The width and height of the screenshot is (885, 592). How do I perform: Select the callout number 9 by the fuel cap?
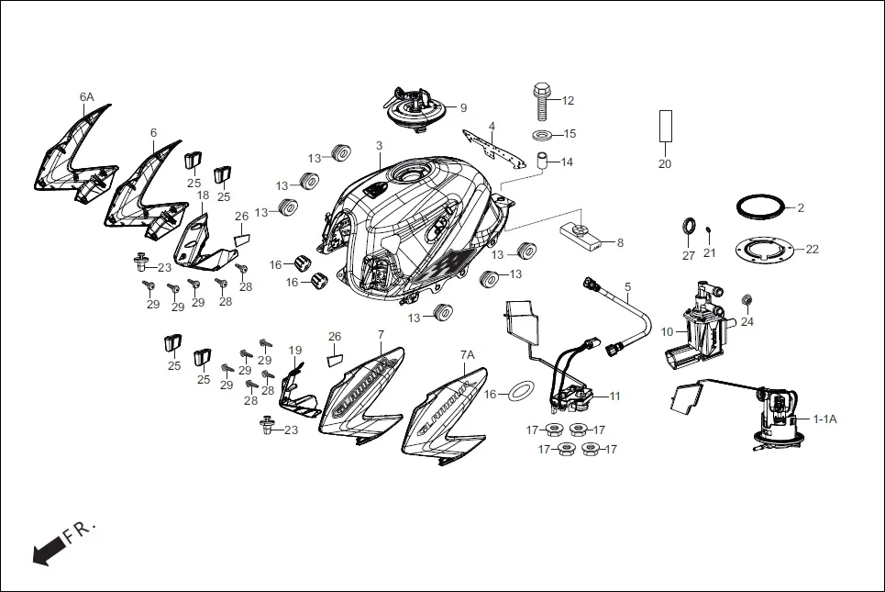click(x=463, y=107)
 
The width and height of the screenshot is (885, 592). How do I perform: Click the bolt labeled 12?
click(x=541, y=101)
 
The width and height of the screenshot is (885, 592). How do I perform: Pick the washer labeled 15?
click(x=542, y=136)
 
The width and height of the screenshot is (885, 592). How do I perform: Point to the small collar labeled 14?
click(x=542, y=162)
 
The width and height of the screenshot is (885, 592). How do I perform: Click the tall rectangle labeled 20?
click(x=665, y=126)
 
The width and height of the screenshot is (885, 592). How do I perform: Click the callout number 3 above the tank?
click(x=379, y=146)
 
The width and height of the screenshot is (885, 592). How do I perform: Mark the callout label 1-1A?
click(x=825, y=419)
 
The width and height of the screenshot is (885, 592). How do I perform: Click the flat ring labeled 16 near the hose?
click(x=522, y=392)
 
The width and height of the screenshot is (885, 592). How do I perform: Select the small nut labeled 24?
click(x=747, y=300)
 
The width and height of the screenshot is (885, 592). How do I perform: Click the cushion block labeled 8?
click(x=585, y=237)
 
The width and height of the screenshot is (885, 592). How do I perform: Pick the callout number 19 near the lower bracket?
click(x=294, y=351)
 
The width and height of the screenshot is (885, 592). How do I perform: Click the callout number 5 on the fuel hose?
click(x=627, y=286)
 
